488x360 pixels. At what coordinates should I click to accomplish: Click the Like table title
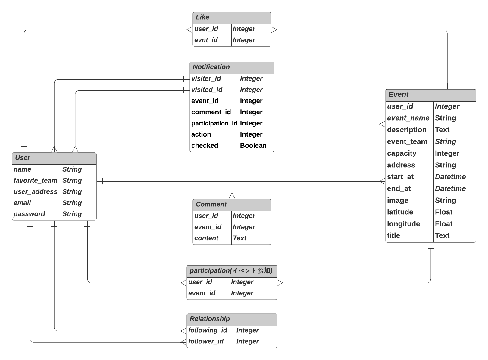[x=202, y=17]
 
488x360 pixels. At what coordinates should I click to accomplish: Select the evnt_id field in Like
[x=206, y=40]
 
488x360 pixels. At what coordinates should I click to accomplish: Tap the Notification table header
[x=211, y=67]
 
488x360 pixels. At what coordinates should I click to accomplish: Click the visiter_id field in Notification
[x=206, y=79]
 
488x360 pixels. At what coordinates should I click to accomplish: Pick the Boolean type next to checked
[x=253, y=146]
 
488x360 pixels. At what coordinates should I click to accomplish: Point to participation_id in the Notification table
[x=214, y=123]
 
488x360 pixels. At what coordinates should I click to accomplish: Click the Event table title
[x=399, y=95]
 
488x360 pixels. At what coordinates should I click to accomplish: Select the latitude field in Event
[x=400, y=212]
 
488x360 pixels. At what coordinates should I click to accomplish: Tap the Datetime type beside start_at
[x=450, y=177]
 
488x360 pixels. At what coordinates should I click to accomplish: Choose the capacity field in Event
[x=402, y=153]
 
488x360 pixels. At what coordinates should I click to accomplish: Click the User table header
[x=23, y=158]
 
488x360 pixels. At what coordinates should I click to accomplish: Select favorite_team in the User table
[x=35, y=181]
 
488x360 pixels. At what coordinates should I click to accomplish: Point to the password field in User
[x=29, y=214]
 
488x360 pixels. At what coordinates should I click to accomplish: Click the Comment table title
[x=211, y=204]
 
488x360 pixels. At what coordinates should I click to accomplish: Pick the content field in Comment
[x=206, y=238]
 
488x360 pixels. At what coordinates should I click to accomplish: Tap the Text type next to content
[x=239, y=238]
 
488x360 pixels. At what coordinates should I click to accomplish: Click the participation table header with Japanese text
[x=231, y=271]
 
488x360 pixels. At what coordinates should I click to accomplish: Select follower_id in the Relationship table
[x=206, y=341]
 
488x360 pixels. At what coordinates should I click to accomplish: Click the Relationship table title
[x=210, y=319]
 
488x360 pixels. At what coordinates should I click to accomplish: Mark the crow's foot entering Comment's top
[x=232, y=196]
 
